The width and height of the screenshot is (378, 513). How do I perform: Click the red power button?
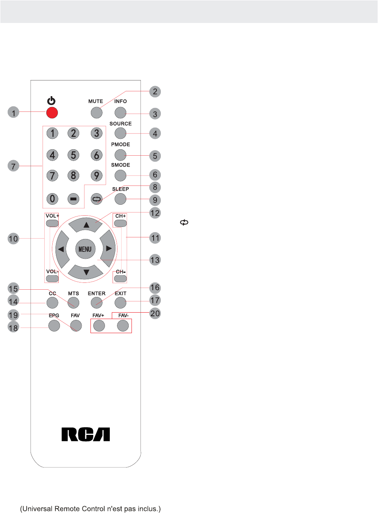(51, 113)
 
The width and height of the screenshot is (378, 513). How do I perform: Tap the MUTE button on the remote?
(96, 113)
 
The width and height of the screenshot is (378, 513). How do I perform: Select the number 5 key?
(73, 155)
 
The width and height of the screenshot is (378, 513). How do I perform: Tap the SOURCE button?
(120, 134)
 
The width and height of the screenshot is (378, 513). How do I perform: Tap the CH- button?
(120, 278)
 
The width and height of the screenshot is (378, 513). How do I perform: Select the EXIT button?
(120, 303)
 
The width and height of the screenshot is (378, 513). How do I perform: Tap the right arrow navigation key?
(108, 249)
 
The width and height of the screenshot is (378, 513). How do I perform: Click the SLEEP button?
(120, 198)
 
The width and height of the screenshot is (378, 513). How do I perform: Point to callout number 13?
(155, 260)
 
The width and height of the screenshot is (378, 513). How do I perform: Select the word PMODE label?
(120, 144)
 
